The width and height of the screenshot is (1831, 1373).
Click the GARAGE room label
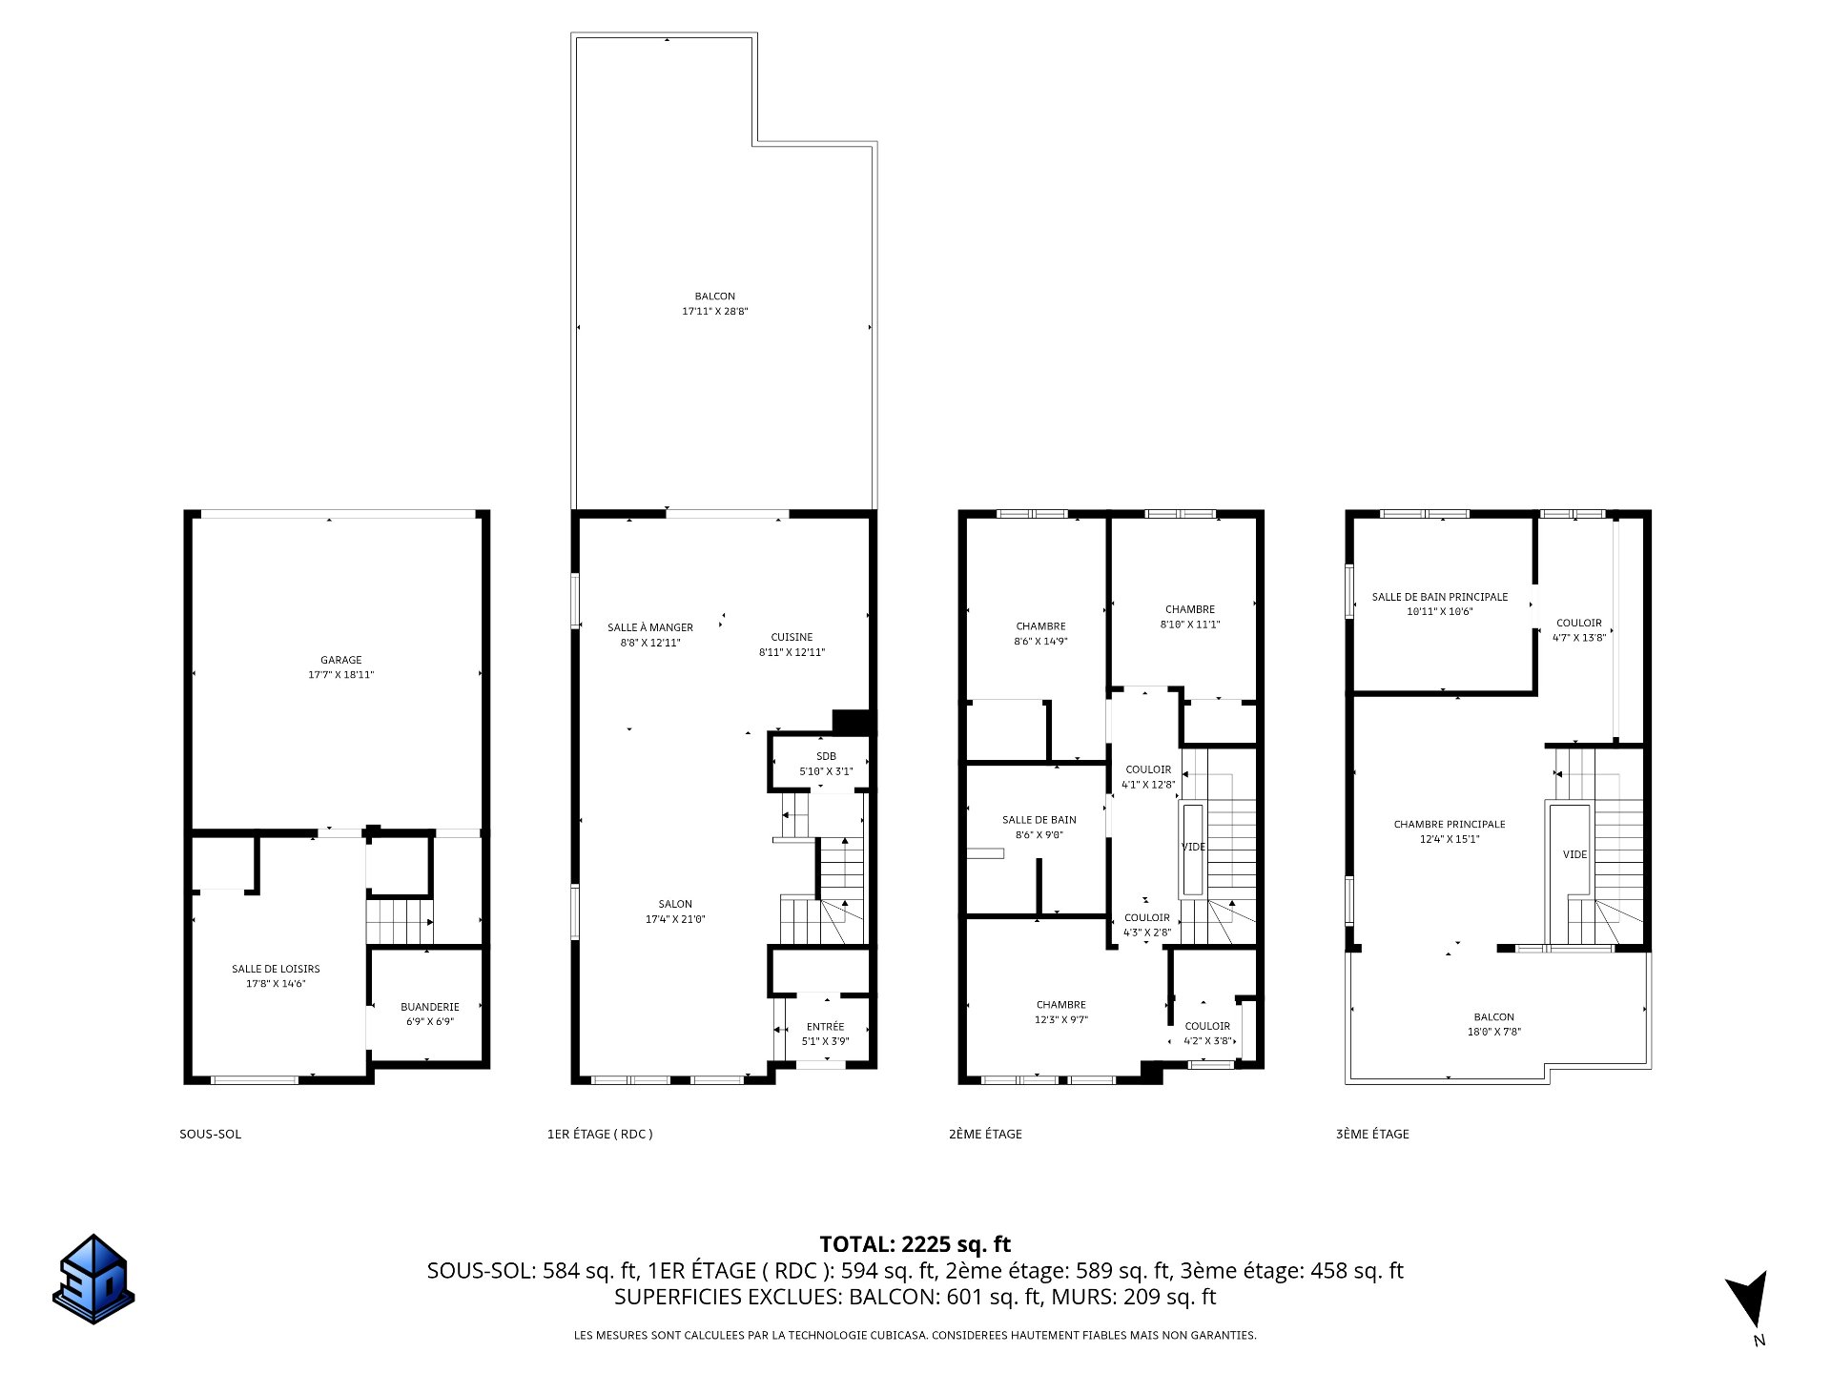(341, 660)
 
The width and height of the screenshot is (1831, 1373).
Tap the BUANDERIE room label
(430, 1007)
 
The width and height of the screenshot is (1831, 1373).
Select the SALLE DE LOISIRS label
(276, 969)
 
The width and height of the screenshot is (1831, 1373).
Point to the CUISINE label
(792, 637)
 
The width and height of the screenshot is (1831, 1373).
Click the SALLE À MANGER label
(650, 627)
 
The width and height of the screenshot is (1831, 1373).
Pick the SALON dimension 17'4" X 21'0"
(675, 919)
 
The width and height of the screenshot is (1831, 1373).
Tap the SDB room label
(826, 756)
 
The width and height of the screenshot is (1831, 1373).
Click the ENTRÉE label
(826, 1027)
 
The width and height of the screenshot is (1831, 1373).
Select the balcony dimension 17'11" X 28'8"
(715, 311)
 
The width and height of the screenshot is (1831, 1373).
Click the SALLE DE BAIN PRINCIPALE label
(1440, 597)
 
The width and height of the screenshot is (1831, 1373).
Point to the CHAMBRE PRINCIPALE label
(1450, 825)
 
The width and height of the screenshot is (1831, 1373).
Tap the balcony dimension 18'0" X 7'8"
(1493, 1032)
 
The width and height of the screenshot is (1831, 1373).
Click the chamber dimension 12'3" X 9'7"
(1061, 1019)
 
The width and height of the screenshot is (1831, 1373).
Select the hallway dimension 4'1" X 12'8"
(1148, 785)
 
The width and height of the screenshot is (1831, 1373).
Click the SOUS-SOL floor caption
(211, 1135)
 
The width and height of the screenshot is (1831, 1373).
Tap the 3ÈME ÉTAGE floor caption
(1372, 1135)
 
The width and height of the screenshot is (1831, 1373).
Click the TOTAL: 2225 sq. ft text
(915, 1244)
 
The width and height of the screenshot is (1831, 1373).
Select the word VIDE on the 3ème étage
(1575, 854)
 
